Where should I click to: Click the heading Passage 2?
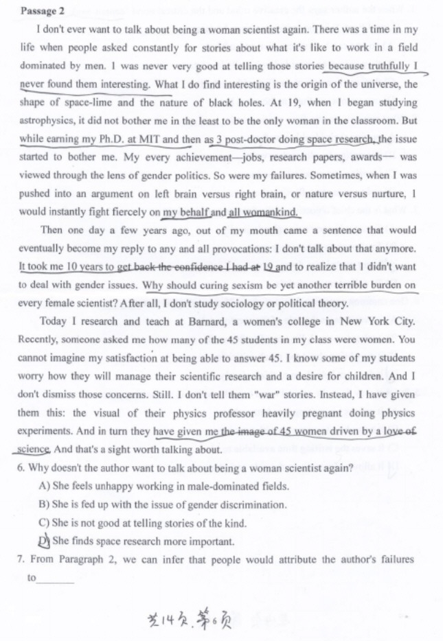point(43,11)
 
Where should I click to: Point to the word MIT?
point(149,139)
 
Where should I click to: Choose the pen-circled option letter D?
point(45,541)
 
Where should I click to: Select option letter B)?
point(45,504)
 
